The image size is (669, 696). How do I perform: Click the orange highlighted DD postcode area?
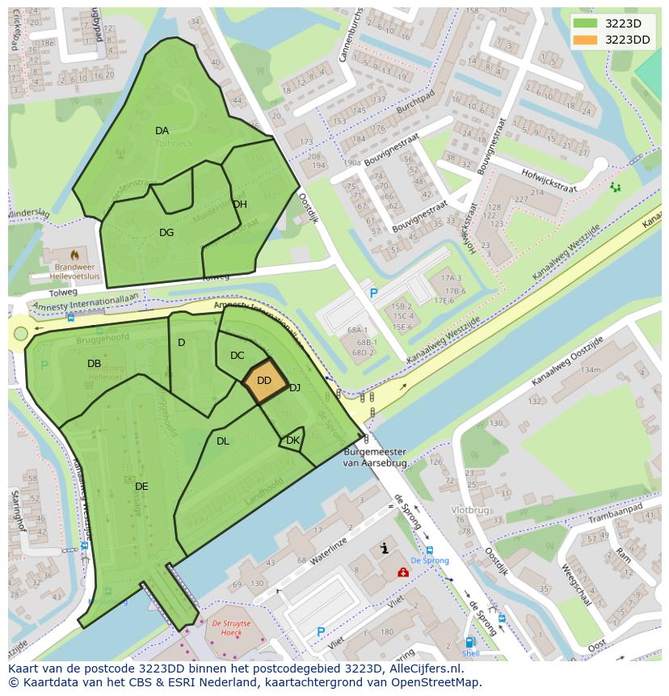pos(265,381)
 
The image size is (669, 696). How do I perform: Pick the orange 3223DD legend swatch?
pos(585,40)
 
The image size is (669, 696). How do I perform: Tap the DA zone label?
pos(162,131)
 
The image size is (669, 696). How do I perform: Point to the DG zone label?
pos(166,233)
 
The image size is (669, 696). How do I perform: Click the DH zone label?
pos(240,205)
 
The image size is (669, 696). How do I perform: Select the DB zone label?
pos(95,364)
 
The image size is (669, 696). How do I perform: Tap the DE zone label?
pos(141,487)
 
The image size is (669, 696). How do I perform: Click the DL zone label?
pos(223,441)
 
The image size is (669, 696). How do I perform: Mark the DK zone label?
pos(292,441)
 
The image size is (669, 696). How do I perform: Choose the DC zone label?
pos(237,356)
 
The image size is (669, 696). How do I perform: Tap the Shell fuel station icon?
pos(469,643)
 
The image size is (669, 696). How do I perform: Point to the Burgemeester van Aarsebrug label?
pos(377,458)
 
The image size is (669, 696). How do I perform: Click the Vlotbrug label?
pos(469,511)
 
